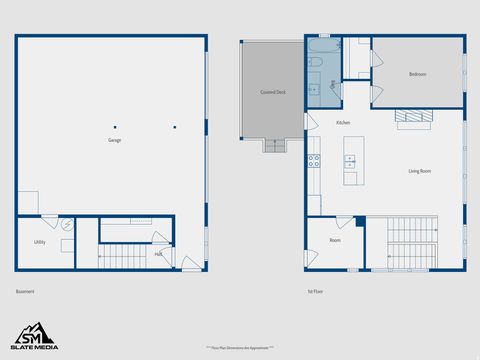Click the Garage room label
pyautogui.click(x=115, y=141)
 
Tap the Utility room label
pyautogui.click(x=40, y=242)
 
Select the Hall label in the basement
pyautogui.click(x=158, y=254)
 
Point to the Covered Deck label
pyautogui.click(x=273, y=92)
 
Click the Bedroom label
pyautogui.click(x=418, y=75)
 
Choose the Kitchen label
pyautogui.click(x=343, y=123)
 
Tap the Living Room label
pyautogui.click(x=419, y=171)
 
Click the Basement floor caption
pyautogui.click(x=25, y=291)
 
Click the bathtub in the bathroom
pyautogui.click(x=324, y=46)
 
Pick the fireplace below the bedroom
pyautogui.click(x=414, y=117)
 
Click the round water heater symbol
pyautogui.click(x=68, y=226)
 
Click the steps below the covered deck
pyautogui.click(x=275, y=145)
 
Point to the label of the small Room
pyautogui.click(x=335, y=241)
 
